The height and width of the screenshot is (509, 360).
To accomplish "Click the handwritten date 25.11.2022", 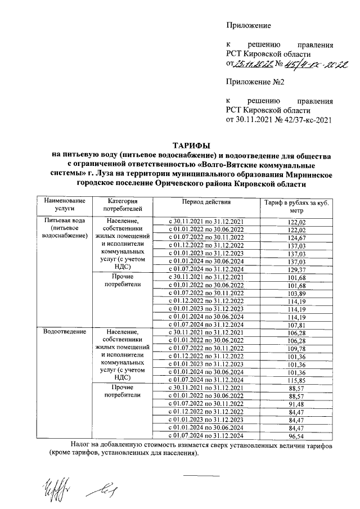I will (255, 64).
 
